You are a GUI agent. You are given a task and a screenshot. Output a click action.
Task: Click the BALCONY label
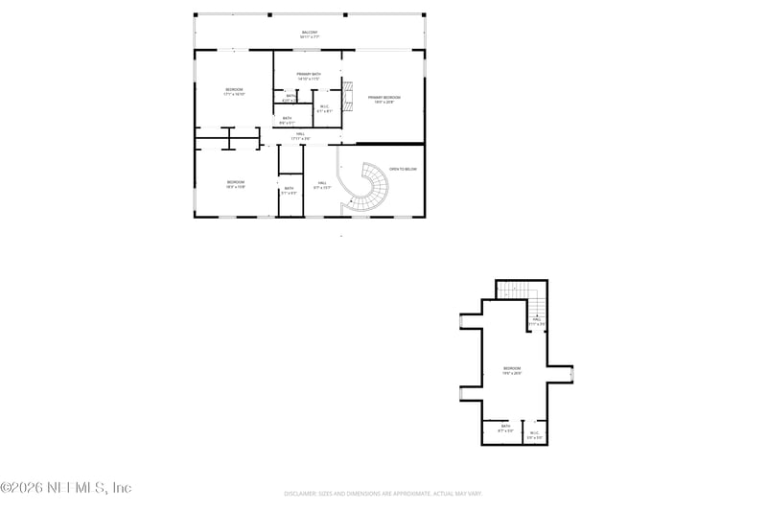point(309,34)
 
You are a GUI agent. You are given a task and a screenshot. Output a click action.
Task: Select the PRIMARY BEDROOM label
point(383,98)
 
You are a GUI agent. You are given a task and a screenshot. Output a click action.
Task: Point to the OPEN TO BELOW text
point(403,169)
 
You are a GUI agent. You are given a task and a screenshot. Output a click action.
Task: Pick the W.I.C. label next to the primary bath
point(325,108)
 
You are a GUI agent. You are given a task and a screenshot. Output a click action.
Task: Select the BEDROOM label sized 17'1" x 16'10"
point(234,91)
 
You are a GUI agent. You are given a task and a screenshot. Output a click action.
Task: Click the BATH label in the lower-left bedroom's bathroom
point(289,190)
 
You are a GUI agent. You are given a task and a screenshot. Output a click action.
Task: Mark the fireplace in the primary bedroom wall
point(349,94)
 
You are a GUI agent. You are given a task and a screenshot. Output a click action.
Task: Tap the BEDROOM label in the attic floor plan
point(512,370)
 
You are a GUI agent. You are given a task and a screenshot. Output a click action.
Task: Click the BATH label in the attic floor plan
point(505,429)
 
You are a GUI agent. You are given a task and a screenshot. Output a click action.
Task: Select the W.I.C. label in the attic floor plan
point(535,434)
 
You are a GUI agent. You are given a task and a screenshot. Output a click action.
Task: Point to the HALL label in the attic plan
point(537,322)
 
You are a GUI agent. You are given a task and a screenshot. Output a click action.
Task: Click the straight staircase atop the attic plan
point(521,289)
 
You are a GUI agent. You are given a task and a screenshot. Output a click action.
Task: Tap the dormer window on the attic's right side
point(572,374)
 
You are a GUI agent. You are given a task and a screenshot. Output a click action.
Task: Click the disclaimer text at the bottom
point(383,493)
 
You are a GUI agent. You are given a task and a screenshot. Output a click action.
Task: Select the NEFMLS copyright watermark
point(66,488)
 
